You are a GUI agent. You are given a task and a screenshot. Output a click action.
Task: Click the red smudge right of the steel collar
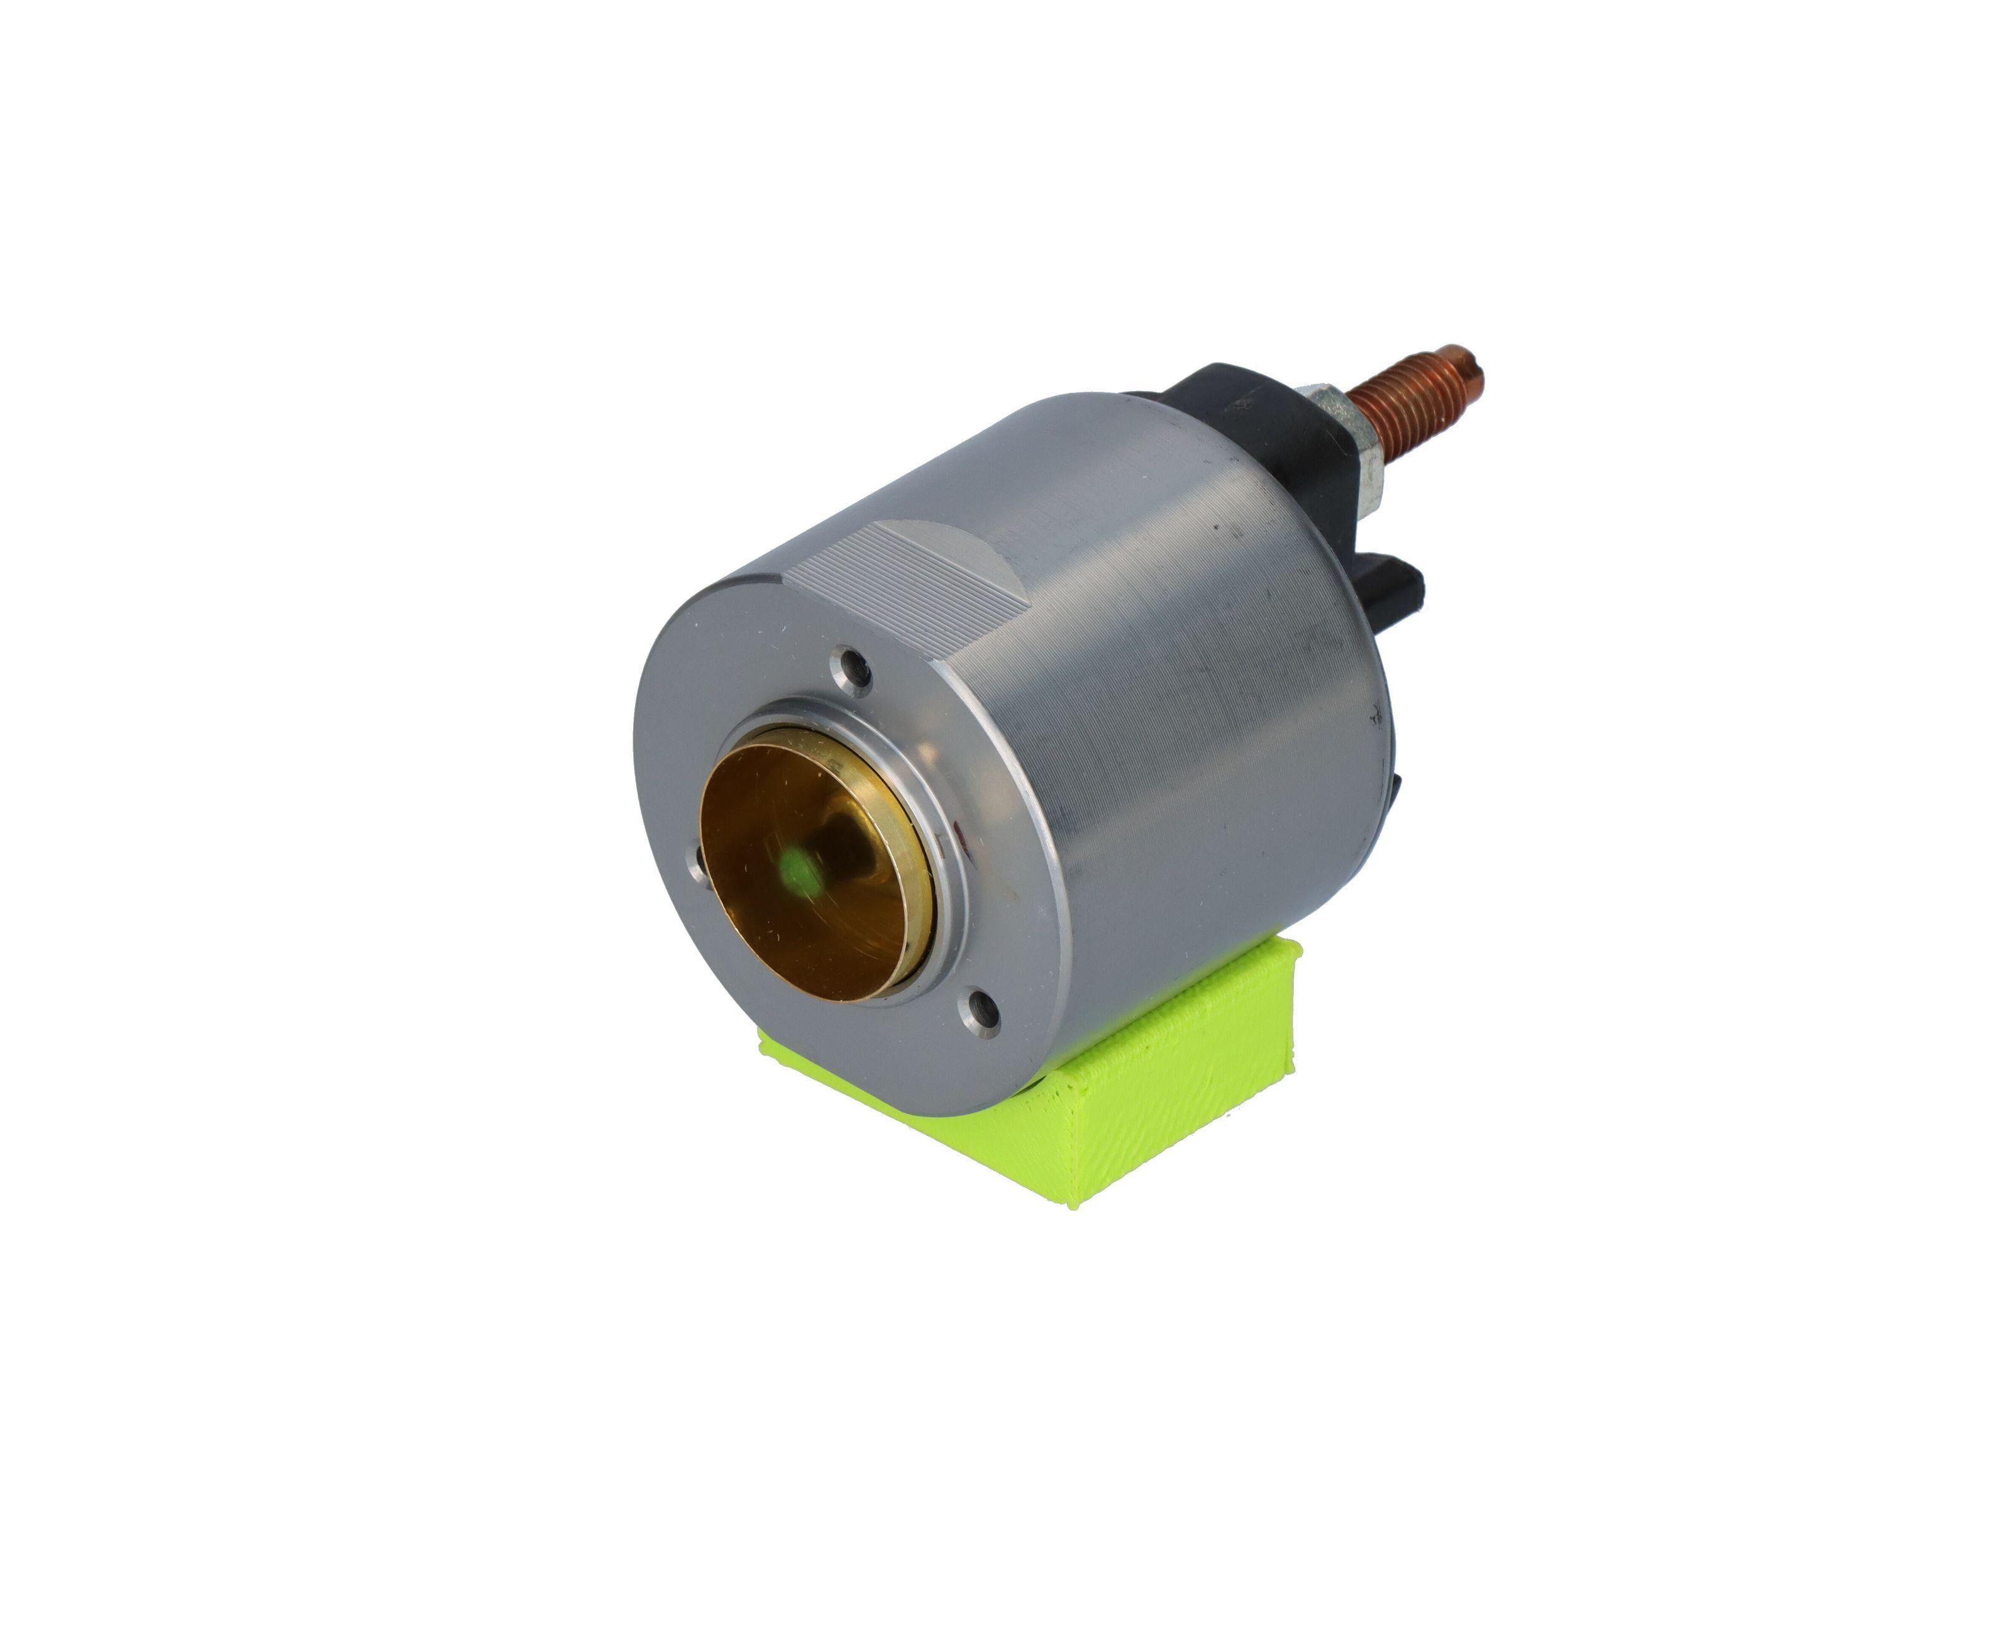click(957, 829)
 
